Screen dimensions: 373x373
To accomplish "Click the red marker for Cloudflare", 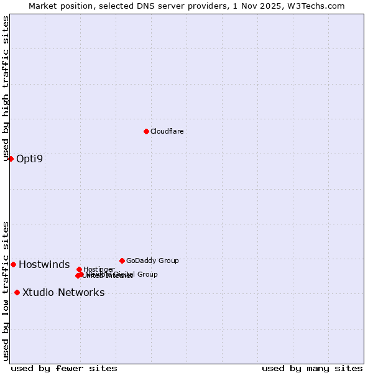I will pos(146,131).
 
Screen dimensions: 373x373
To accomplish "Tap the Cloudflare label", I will pos(167,131).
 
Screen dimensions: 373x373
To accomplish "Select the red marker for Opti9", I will pos(11,159).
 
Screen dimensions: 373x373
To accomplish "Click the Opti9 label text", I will pos(30,159).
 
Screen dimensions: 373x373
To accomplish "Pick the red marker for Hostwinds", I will pos(13,264).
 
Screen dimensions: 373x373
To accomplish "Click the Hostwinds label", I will pos(44,265).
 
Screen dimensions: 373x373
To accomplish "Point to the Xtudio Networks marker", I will pos(17,292).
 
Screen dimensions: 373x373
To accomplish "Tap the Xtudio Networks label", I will pos(63,293).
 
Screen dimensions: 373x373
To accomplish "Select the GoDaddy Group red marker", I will pos(122,260).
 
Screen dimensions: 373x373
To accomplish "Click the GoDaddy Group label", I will pos(152,260).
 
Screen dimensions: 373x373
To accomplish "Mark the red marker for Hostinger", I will pos(79,269).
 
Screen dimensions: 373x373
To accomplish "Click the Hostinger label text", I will pos(99,269).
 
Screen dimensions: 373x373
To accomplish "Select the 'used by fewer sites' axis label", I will pos(64,368).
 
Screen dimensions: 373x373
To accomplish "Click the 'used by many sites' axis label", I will pos(312,368).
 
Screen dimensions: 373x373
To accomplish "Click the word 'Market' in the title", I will pos(44,6).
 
